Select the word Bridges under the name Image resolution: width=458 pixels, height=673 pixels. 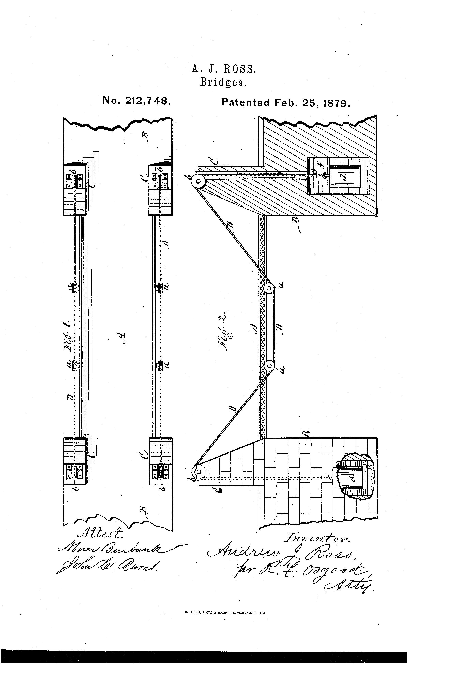click(x=223, y=83)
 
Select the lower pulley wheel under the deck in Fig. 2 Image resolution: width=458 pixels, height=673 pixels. click(x=269, y=366)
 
